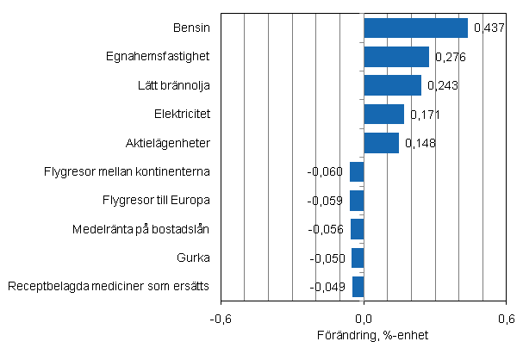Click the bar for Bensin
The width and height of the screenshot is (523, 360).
pyautogui.click(x=415, y=28)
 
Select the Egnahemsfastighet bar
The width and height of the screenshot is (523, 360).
pyautogui.click(x=396, y=57)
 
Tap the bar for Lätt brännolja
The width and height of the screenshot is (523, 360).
pyautogui.click(x=392, y=85)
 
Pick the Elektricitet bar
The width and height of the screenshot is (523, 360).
pyautogui.click(x=383, y=114)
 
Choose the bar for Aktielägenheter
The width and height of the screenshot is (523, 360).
pyautogui.click(x=381, y=142)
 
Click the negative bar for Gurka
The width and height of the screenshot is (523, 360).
pyautogui.click(x=358, y=258)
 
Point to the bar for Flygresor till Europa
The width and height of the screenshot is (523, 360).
pyautogui.click(x=357, y=201)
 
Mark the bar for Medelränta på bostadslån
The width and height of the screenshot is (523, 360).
pyautogui.click(x=357, y=229)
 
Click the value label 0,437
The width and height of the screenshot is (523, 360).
pyautogui.click(x=489, y=29)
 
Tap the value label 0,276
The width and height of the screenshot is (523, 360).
pyautogui.click(x=450, y=58)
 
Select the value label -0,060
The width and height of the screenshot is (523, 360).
pyautogui.click(x=326, y=172)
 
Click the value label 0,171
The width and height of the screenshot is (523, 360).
pyautogui.click(x=425, y=115)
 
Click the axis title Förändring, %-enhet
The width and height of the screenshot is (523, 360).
pyautogui.click(x=363, y=335)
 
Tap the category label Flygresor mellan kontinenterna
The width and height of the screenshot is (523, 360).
pyautogui.click(x=128, y=171)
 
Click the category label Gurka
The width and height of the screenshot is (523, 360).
pyautogui.click(x=195, y=258)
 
